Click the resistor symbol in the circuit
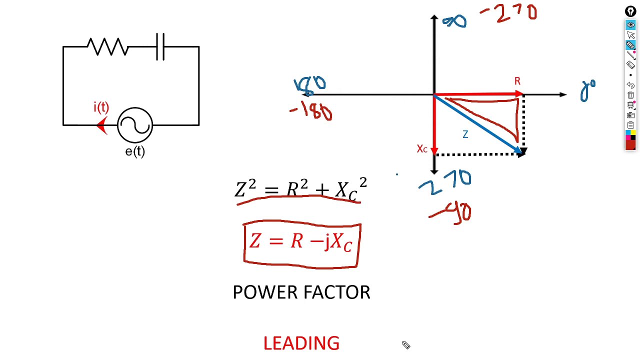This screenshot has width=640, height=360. click(x=107, y=47)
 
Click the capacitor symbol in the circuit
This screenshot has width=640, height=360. click(x=160, y=47)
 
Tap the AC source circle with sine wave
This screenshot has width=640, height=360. click(x=135, y=125)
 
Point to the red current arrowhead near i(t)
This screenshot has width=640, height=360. click(x=102, y=125)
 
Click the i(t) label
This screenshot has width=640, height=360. click(x=101, y=107)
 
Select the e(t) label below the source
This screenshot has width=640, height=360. click(x=135, y=151)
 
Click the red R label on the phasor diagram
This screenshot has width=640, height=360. click(x=517, y=81)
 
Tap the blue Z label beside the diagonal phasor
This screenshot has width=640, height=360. click(x=465, y=134)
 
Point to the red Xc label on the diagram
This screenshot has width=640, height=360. click(x=422, y=149)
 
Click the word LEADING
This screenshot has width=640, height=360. click(x=301, y=343)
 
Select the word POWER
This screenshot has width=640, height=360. click(x=265, y=292)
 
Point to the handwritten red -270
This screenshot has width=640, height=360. click(x=509, y=13)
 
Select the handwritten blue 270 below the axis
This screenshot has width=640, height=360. click(x=444, y=181)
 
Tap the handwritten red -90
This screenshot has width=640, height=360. click(x=450, y=213)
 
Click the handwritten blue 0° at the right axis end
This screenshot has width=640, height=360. click(x=588, y=91)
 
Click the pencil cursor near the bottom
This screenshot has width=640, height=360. click(x=406, y=345)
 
